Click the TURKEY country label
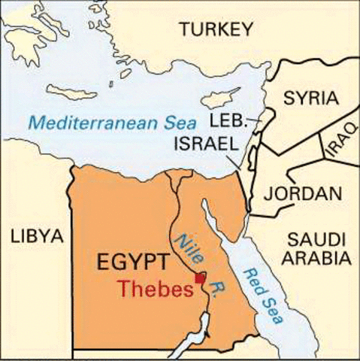coord(213,29)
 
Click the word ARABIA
coord(318,259)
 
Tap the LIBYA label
coord(35,237)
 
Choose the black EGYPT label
coord(132,264)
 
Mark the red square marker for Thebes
coord(200,279)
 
